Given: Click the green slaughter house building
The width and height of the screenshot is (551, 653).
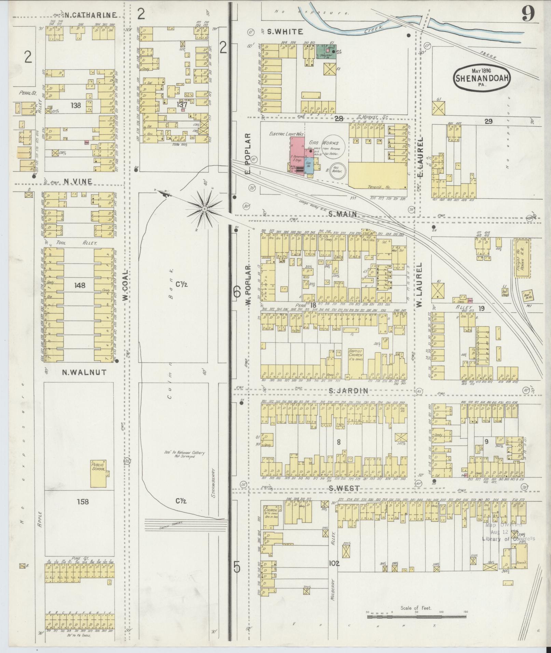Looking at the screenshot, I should [x=326, y=51].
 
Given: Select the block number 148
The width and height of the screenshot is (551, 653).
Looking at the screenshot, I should [x=78, y=285].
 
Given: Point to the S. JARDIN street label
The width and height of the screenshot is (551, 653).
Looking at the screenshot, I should [x=348, y=391].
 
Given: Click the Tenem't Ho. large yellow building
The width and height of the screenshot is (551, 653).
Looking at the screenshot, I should [x=377, y=176].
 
